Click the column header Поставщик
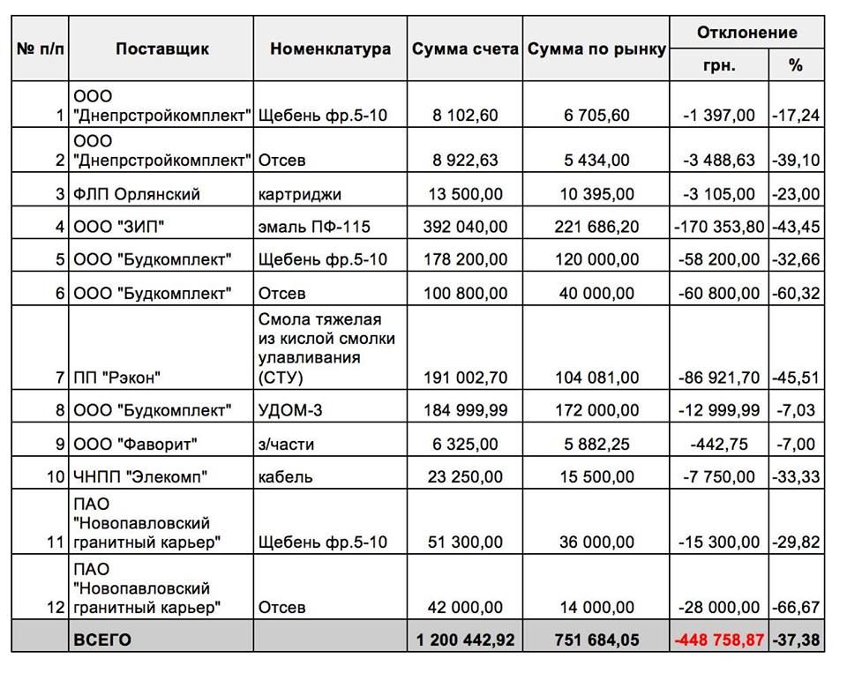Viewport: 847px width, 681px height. coord(161,49)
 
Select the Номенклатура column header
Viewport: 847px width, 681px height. coord(330,49)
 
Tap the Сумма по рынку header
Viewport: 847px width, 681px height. coord(596,49)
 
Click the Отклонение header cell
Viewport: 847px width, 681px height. coord(746,33)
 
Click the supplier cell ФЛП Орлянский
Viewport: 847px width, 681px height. coord(137,194)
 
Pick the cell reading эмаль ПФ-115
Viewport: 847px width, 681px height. coord(313,227)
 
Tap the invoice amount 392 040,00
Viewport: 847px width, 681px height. coord(464,227)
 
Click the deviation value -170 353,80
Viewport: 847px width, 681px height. coord(719,227)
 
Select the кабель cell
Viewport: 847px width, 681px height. coord(285,477)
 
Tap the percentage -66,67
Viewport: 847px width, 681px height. coord(796,607)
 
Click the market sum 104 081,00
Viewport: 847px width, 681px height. coord(596,378)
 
